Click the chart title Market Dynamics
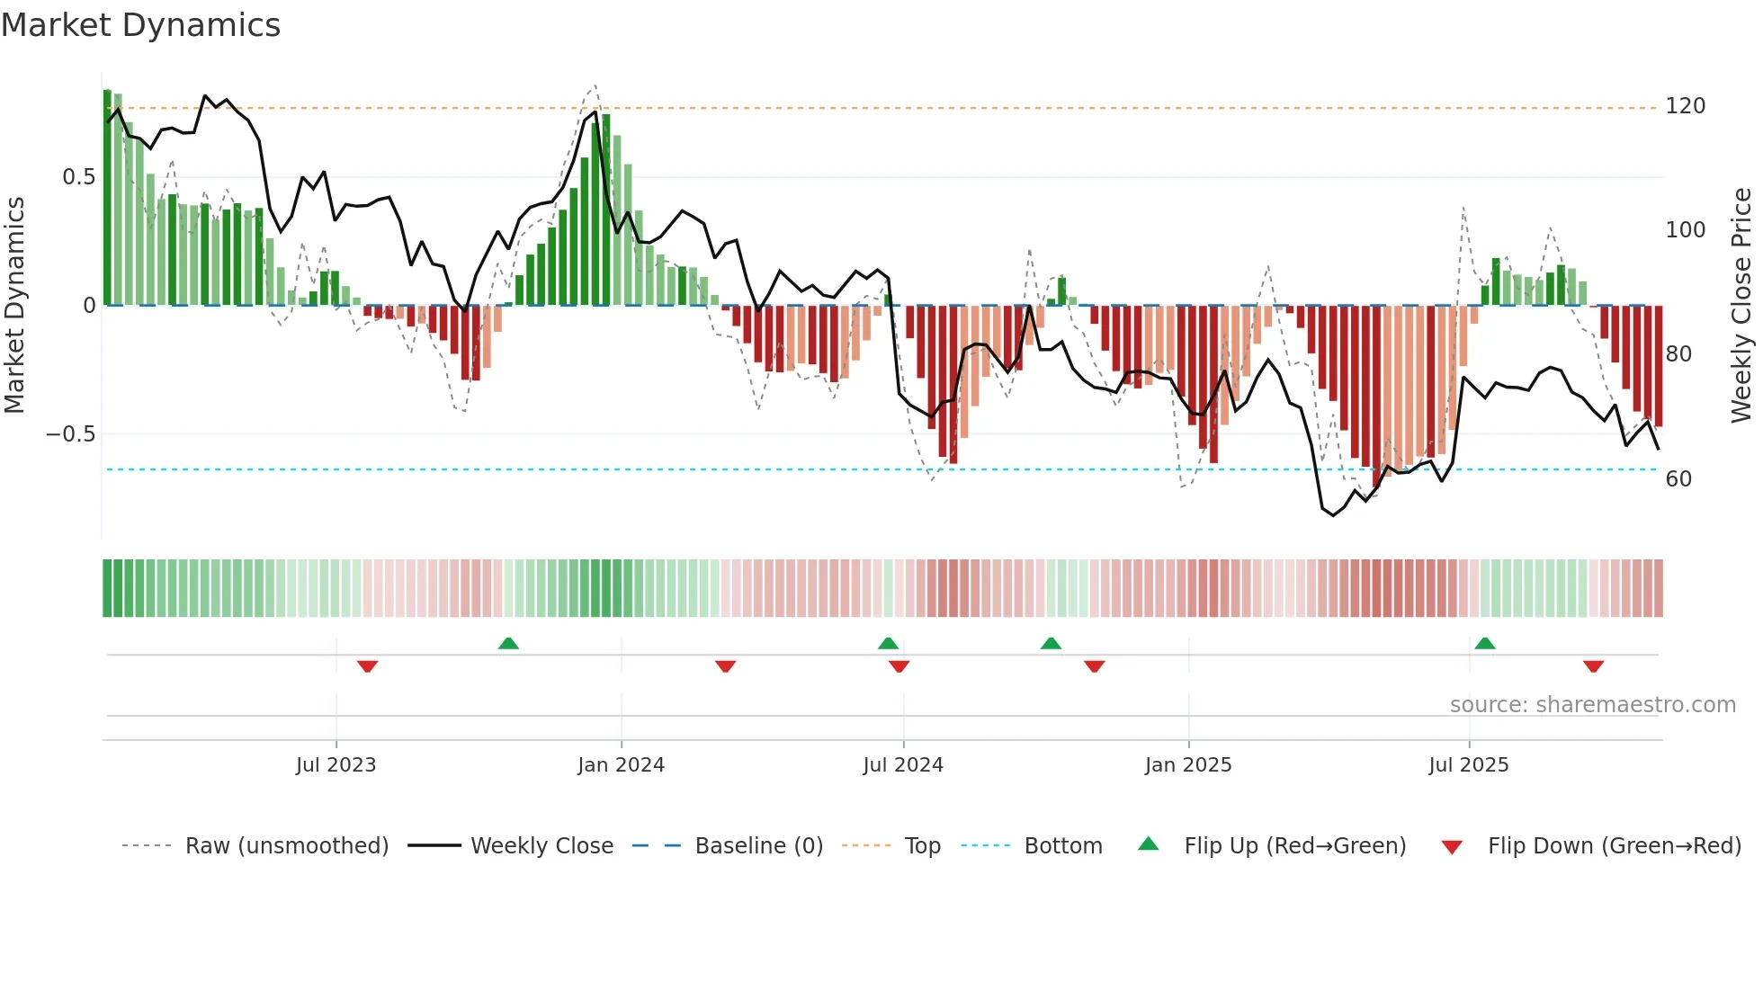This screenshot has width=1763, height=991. point(141,25)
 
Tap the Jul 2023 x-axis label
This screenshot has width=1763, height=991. point(336,764)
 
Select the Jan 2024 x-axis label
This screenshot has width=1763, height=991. point(621,764)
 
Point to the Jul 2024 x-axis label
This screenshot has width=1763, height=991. point(903,764)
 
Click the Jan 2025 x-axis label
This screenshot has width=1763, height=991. point(1188,764)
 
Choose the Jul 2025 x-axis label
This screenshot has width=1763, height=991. point(1469,764)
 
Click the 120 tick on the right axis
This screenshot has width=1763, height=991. point(1685,106)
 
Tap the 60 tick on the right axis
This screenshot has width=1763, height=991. point(1678,478)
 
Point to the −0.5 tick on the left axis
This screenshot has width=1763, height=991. point(70,434)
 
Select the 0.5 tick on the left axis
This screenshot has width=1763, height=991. point(78,177)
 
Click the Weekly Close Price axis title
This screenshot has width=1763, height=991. point(1741,306)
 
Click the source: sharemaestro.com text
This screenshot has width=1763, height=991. point(1592,704)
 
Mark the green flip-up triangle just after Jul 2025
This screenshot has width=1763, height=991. point(1485,643)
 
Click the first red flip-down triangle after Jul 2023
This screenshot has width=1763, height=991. point(367,666)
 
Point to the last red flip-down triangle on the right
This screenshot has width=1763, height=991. point(1593,666)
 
